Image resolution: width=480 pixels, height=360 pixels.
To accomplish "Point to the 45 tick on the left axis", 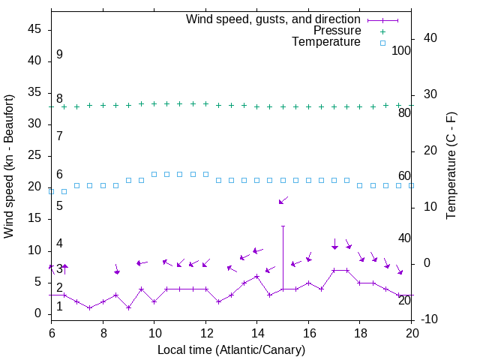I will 34,29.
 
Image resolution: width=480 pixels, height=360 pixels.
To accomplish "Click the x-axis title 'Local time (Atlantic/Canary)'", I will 231,350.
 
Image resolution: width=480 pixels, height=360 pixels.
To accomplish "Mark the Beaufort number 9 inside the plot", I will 59,55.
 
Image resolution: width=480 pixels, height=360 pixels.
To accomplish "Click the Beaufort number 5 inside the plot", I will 59,205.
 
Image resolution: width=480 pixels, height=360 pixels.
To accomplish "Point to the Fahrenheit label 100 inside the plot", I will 402,51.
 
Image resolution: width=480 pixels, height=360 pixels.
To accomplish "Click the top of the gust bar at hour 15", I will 283,226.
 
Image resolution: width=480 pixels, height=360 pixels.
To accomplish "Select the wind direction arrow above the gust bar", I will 283,200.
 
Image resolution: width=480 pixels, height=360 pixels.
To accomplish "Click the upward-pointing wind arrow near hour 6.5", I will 64,269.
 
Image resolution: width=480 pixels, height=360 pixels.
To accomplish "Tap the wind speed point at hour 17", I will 334,270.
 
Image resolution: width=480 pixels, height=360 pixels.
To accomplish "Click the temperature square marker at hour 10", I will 154,174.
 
